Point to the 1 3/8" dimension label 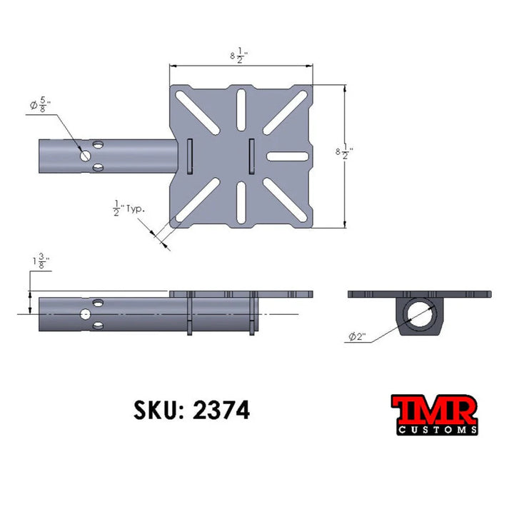tap(40, 262)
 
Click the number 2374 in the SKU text tap(221, 410)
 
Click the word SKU tap(155, 410)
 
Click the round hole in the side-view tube tap(86, 314)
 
